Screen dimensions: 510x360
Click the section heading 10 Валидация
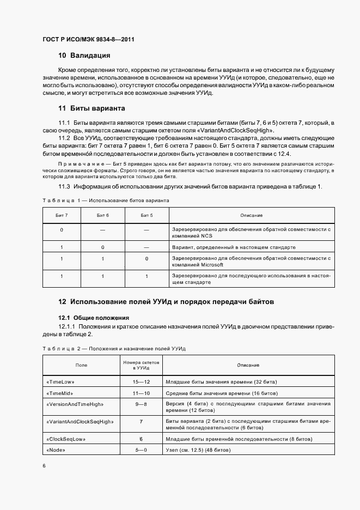(84, 56)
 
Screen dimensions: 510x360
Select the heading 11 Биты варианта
(91, 108)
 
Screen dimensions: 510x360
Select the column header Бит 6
(103, 215)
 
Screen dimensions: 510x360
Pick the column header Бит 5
(146, 215)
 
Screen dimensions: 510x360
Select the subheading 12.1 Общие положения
(93, 317)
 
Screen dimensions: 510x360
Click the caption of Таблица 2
(114, 348)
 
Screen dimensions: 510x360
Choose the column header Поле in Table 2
(81, 366)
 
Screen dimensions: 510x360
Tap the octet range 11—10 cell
(141, 393)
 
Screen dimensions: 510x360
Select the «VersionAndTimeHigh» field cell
(75, 404)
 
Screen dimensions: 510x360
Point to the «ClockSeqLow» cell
(66, 439)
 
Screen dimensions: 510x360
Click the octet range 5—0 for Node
(141, 450)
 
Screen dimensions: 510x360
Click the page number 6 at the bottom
(44, 465)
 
